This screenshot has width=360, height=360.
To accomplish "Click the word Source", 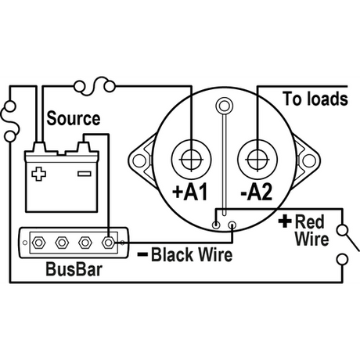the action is pyautogui.click(x=74, y=118).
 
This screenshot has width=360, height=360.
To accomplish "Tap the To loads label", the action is pyautogui.click(x=315, y=99).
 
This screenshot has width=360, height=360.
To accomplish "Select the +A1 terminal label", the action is pyautogui.click(x=190, y=192).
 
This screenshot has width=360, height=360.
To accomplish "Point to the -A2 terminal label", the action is pyautogui.click(x=256, y=192).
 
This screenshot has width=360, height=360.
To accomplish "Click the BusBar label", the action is pyautogui.click(x=74, y=269).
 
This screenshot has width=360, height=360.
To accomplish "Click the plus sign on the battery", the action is pyautogui.click(x=38, y=174).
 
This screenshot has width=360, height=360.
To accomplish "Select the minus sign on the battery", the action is pyautogui.click(x=85, y=174).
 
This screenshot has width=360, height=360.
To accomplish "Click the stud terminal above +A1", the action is pyautogui.click(x=192, y=160).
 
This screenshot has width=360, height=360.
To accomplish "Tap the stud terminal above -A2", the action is pyautogui.click(x=257, y=160).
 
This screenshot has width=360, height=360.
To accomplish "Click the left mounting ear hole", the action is pyautogui.click(x=139, y=160).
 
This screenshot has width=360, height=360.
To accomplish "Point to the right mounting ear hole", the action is pyautogui.click(x=309, y=160).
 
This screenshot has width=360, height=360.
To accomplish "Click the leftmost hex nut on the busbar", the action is pyautogui.click(x=38, y=243).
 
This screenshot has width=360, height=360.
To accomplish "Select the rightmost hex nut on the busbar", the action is pyautogui.click(x=108, y=243).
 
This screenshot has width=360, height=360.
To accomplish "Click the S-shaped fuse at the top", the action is pyautogui.click(x=95, y=86).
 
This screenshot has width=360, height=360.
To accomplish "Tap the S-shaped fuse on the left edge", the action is pyautogui.click(x=10, y=121).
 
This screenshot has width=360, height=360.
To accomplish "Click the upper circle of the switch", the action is pyautogui.click(x=342, y=230).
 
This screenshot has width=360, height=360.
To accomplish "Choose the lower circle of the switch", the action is pyautogui.click(x=342, y=260).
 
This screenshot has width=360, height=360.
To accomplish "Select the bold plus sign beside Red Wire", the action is pyautogui.click(x=285, y=221).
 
